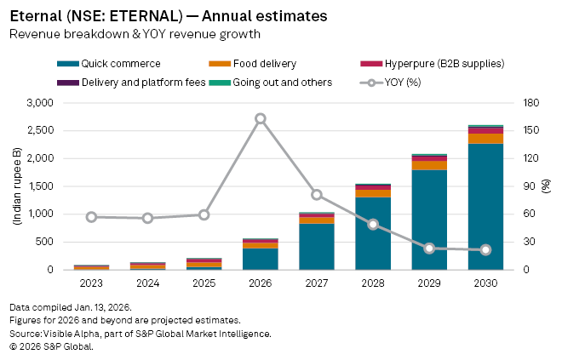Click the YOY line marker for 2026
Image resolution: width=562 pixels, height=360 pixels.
coord(261,118)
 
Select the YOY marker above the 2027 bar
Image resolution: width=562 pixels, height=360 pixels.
coord(317,195)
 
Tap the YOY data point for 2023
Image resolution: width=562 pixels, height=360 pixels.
coord(91,217)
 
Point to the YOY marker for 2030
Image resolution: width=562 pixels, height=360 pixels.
coord(485,249)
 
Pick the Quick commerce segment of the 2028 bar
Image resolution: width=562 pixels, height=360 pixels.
coord(373,234)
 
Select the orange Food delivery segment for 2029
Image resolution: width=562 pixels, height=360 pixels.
coord(429,165)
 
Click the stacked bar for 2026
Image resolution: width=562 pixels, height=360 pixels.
coord(261,255)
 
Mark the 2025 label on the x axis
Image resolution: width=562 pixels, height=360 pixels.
coord(204,282)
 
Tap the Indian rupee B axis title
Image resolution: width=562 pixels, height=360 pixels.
coord(17,186)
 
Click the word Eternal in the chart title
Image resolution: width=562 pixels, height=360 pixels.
coord(32,15)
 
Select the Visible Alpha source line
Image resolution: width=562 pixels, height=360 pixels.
coord(140,334)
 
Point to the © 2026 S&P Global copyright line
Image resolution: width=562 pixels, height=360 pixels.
coord(51,346)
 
